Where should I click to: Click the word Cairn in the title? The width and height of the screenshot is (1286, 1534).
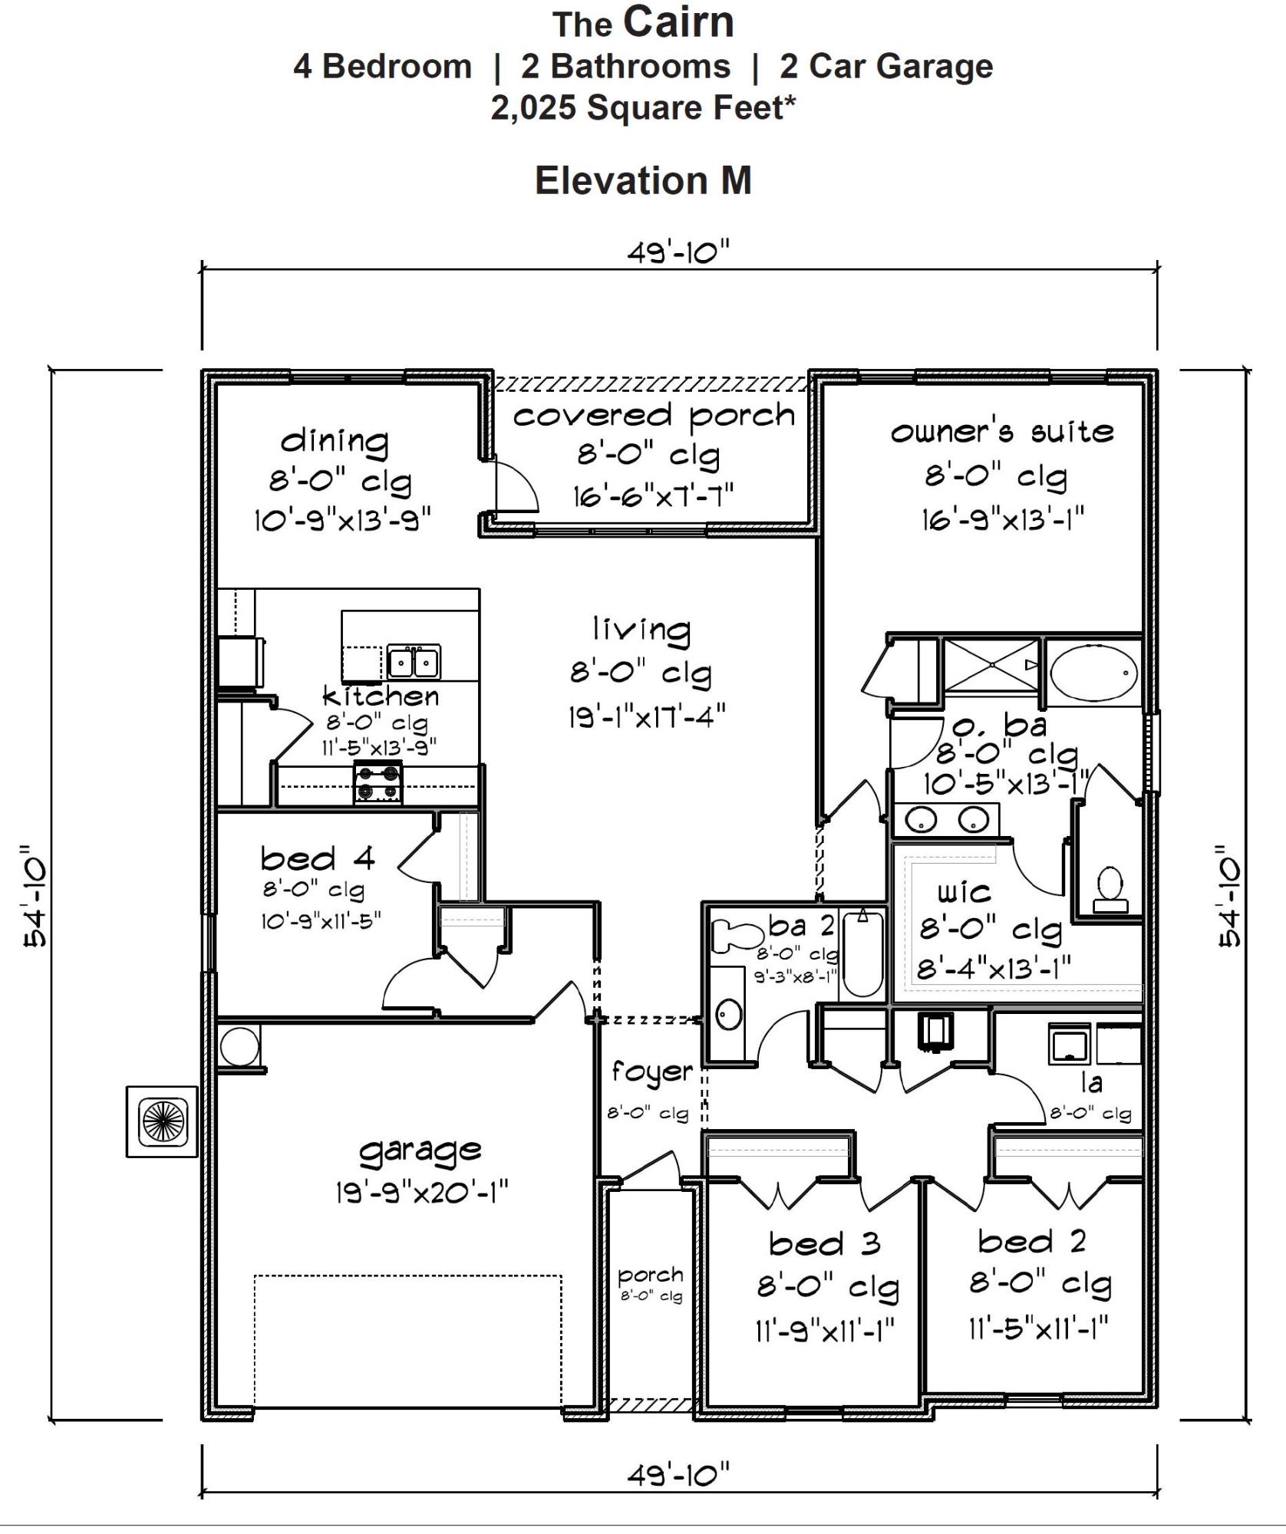coord(678,22)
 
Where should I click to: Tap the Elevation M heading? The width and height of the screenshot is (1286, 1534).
coord(643,181)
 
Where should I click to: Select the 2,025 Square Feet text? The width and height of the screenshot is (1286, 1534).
coord(643,108)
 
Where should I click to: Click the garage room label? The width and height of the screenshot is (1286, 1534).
coord(420,1150)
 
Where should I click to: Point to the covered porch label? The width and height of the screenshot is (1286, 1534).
coord(654,416)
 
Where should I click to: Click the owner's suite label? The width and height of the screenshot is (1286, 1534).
coord(1002,433)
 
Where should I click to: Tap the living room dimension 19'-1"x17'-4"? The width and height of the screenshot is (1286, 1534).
coord(646,718)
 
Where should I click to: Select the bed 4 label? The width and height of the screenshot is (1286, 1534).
coord(318,858)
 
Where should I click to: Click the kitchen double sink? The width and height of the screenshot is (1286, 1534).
coord(414,661)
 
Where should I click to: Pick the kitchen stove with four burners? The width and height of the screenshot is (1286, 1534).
coord(378,782)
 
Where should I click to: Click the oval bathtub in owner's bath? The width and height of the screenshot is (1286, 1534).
coord(1093,673)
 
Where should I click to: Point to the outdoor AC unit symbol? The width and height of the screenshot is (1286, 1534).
coord(163,1121)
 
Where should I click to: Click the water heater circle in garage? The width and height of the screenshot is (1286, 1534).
coord(239,1046)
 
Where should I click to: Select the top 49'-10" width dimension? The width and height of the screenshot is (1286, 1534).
coord(678,252)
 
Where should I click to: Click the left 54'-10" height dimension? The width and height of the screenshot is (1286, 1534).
coord(35,896)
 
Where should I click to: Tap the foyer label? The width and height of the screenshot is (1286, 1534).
coord(651,1072)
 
